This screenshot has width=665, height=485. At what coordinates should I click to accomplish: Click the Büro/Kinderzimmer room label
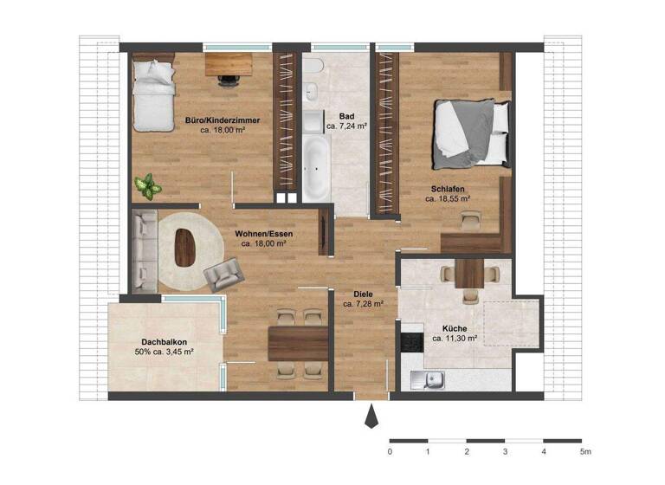pyautogui.click(x=223, y=120)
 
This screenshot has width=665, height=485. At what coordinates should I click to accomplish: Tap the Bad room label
pyautogui.click(x=346, y=115)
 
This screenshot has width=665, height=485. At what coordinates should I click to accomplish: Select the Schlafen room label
pyautogui.click(x=448, y=187)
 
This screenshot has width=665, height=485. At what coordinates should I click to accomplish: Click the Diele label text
pyautogui.click(x=351, y=294)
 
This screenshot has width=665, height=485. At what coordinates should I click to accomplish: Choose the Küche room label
pyautogui.click(x=454, y=328)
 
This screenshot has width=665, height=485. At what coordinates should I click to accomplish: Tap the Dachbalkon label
pyautogui.click(x=163, y=341)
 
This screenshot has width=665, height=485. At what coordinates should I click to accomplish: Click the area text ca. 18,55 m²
pyautogui.click(x=448, y=198)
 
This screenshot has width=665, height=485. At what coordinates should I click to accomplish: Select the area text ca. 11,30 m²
pyautogui.click(x=454, y=339)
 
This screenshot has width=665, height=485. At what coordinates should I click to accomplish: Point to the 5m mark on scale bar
pyautogui.click(x=584, y=452)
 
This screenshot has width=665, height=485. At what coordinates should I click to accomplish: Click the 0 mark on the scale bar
pyautogui.click(x=390, y=452)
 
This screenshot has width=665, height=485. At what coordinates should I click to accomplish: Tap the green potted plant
pyautogui.click(x=148, y=184)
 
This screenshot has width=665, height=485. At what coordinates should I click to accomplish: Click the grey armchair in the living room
pyautogui.click(x=222, y=275)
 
